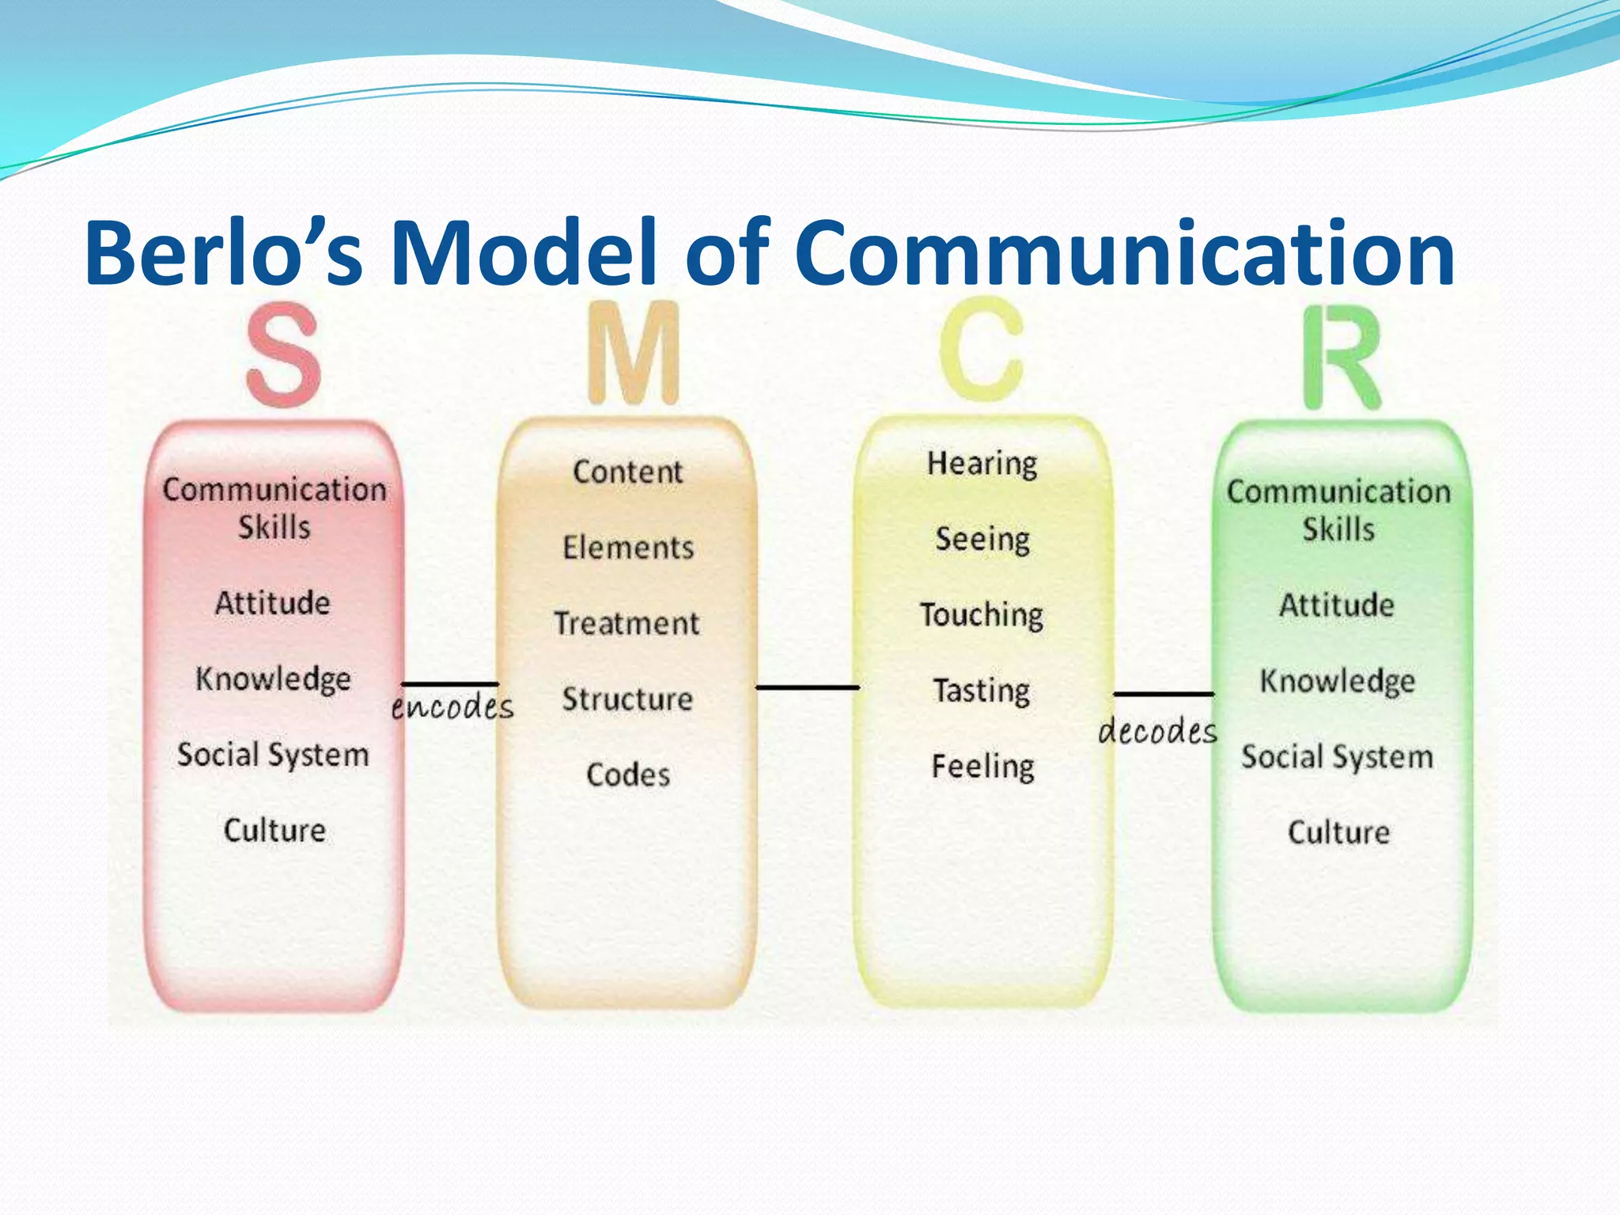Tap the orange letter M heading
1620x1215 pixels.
tap(634, 354)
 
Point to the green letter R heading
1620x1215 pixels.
tap(1342, 358)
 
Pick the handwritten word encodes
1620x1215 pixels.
tap(452, 706)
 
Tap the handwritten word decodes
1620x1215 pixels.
tap(1157, 730)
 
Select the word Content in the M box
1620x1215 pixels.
tap(627, 472)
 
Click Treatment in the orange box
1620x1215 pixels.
tap(626, 623)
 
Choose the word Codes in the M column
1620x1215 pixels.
tap(628, 774)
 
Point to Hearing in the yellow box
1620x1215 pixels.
tap(982, 464)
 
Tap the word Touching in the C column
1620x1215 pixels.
tap(982, 615)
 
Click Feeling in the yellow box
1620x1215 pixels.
tap(982, 766)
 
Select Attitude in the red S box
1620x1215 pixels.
tap(273, 604)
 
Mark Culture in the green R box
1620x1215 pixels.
tap(1338, 832)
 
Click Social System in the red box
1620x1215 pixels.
tap(273, 755)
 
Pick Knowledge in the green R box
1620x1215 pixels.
tap(1337, 681)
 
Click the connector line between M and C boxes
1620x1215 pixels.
tap(807, 687)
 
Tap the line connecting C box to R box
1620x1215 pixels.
tap(1163, 695)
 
